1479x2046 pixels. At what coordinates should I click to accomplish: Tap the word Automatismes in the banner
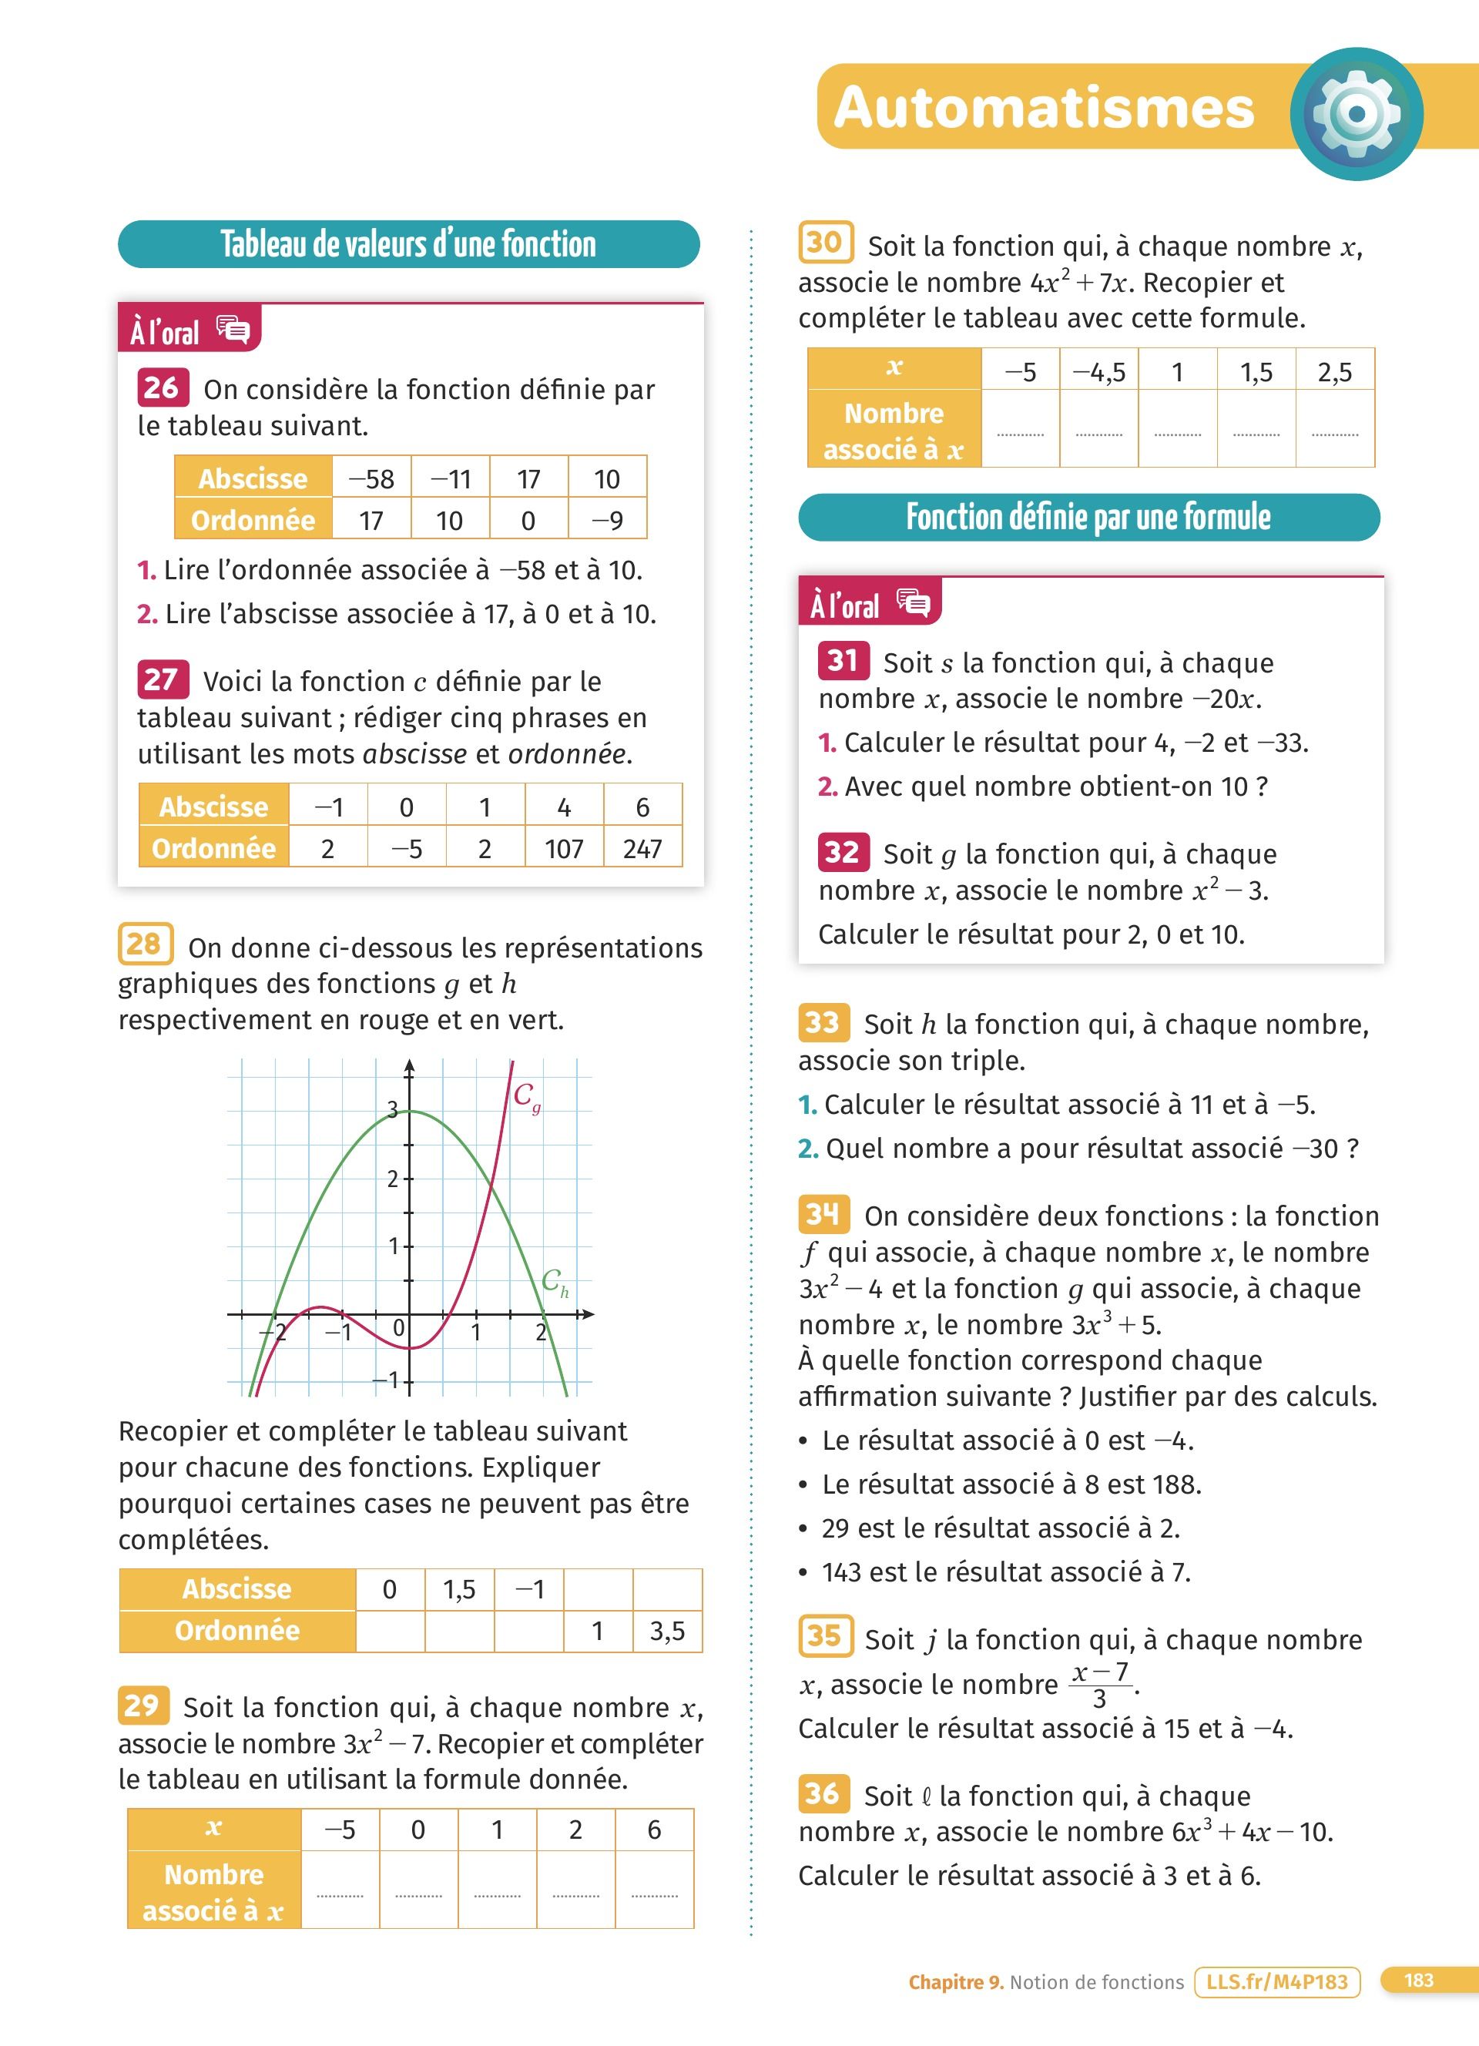pos(1045,107)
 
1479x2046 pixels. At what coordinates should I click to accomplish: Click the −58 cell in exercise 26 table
pos(371,478)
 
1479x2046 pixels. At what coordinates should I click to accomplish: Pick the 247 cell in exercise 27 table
pos(642,849)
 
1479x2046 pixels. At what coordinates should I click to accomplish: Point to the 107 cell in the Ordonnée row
pos(564,849)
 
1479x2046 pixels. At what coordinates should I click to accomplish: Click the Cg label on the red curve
pos(527,1097)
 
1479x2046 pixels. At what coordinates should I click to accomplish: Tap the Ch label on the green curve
pos(555,1282)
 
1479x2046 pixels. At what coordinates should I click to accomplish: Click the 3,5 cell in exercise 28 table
pos(667,1631)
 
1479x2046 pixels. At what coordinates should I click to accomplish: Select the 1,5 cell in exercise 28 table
pos(459,1589)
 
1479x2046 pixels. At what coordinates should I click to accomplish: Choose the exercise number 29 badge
pos(143,1705)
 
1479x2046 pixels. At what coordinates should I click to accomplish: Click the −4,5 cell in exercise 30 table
pos(1098,371)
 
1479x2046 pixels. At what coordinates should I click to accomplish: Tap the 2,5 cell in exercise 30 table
pos(1335,371)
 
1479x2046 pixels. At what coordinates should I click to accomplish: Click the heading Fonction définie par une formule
pos(1088,518)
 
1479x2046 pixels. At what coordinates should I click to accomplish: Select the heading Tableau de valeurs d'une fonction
pos(408,244)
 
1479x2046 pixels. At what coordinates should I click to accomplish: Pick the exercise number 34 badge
pos(823,1214)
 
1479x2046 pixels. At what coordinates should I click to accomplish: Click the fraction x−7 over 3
pos(1100,1684)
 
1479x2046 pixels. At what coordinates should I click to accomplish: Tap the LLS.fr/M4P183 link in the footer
pos(1276,1982)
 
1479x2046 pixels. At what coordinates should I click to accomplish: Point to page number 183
pos(1419,1981)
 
